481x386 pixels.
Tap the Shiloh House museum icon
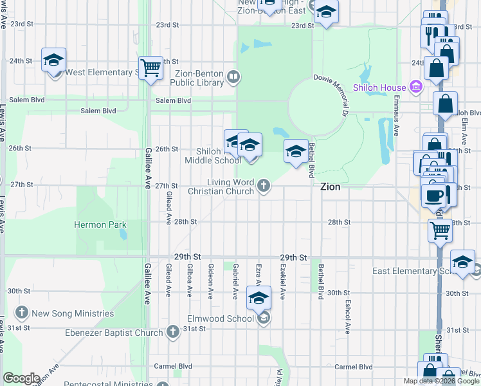[x=416, y=87]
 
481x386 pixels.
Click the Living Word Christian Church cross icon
[x=263, y=187]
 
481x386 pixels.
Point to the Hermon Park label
[x=100, y=225]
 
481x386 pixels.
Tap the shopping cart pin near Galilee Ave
[x=150, y=67]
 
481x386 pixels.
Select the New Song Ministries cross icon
[x=23, y=313]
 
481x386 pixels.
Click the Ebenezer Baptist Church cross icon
[x=172, y=332]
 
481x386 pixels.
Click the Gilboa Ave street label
[x=189, y=279]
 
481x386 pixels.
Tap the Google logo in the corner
[x=21, y=378]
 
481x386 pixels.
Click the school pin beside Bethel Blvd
[x=295, y=151]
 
